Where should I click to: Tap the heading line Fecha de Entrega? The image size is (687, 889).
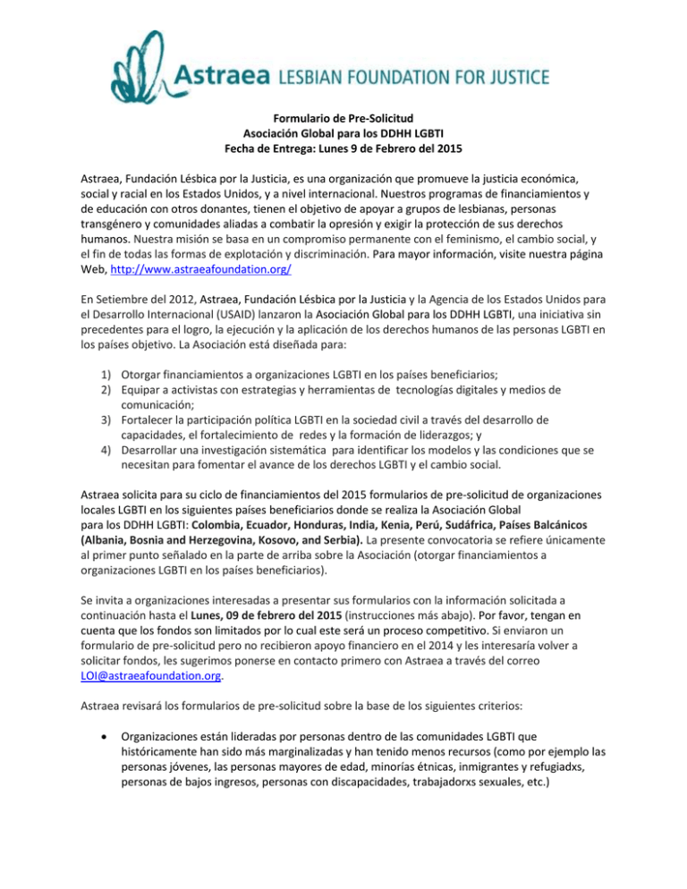(x=343, y=148)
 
